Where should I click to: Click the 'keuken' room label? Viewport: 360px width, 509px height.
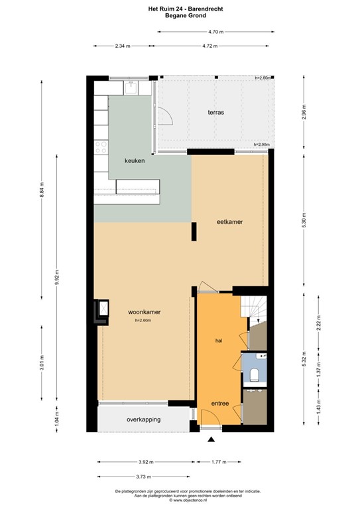pyautogui.click(x=135, y=161)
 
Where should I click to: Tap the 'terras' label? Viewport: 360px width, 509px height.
pyautogui.click(x=214, y=113)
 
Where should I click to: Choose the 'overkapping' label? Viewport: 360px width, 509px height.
pyautogui.click(x=143, y=420)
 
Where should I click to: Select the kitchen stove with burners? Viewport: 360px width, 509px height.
pyautogui.click(x=101, y=148)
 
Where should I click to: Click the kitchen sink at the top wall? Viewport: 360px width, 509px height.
pyautogui.click(x=131, y=86)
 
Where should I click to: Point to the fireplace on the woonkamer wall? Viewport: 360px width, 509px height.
pyautogui.click(x=103, y=310)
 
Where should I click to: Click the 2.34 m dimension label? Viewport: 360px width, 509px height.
pyautogui.click(x=123, y=46)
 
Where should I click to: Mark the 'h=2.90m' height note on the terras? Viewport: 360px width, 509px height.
pyautogui.click(x=263, y=144)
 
